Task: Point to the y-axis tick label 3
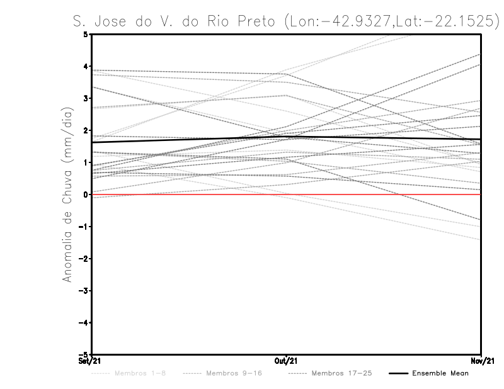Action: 86,98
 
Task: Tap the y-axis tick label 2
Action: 86,130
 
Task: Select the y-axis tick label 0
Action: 86,194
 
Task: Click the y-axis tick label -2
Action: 84,259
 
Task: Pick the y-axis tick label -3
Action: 84,291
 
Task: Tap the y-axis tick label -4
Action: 84,323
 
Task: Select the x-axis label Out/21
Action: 286,361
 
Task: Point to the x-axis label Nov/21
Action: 481,361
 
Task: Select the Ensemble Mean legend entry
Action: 440,373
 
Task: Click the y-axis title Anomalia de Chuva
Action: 67,195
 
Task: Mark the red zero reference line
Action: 189,194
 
